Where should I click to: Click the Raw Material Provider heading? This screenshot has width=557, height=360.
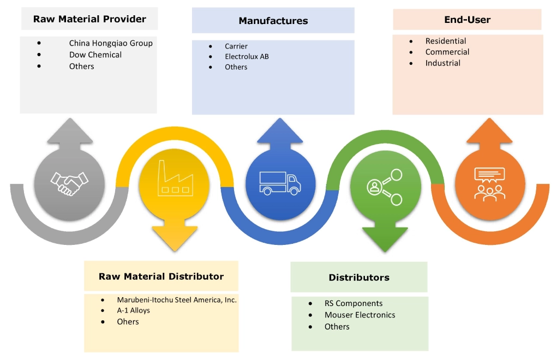click(x=89, y=19)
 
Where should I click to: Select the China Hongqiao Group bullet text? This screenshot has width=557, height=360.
click(x=111, y=43)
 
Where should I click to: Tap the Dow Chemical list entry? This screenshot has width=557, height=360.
click(x=95, y=55)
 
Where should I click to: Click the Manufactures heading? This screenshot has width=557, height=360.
click(x=273, y=21)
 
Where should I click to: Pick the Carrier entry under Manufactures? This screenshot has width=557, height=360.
click(x=236, y=46)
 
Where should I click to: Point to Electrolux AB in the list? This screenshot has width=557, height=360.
click(x=247, y=56)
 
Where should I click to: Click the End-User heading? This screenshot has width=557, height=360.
click(x=467, y=20)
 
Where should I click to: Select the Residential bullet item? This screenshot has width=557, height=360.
click(x=446, y=41)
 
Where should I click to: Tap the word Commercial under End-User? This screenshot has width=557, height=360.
click(x=447, y=52)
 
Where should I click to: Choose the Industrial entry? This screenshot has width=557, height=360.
click(x=443, y=63)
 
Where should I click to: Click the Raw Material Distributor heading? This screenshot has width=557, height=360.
click(x=161, y=276)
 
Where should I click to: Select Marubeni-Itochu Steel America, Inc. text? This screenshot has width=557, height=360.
click(x=177, y=299)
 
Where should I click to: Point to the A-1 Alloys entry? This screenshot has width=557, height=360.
click(x=133, y=310)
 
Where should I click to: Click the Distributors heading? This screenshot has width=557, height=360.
click(x=359, y=278)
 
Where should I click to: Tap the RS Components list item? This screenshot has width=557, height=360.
click(x=354, y=303)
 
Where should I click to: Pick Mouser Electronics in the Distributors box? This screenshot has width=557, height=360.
click(x=360, y=315)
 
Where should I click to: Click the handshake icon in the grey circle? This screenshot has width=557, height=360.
click(x=69, y=183)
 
